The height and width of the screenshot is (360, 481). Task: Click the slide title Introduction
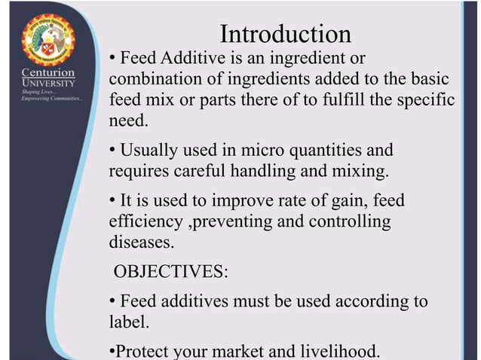(x=285, y=34)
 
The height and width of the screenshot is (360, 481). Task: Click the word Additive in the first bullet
(x=185, y=58)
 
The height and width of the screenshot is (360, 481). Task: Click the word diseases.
(x=141, y=243)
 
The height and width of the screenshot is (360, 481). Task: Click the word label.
(x=129, y=322)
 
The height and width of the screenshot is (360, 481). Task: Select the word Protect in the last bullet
(x=142, y=351)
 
